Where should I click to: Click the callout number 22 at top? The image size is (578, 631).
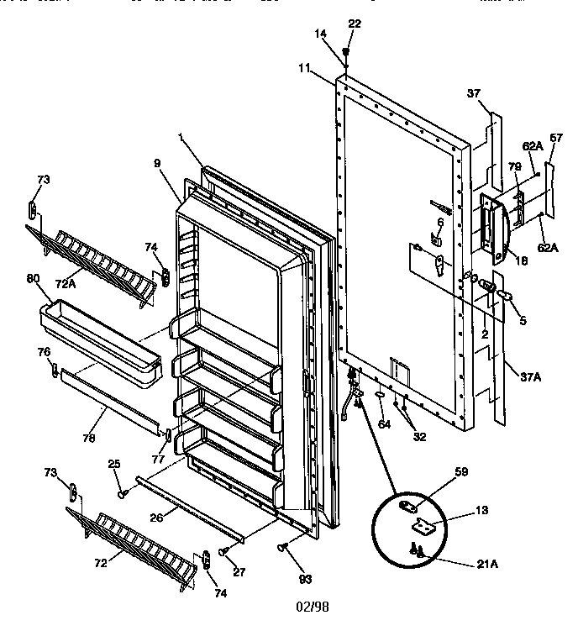click(355, 24)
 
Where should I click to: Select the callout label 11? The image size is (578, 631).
click(303, 66)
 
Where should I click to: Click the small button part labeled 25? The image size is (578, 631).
click(123, 495)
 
